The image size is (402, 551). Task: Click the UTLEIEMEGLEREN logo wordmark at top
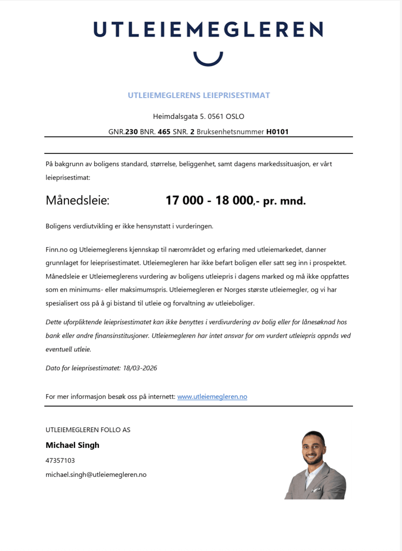tap(208, 29)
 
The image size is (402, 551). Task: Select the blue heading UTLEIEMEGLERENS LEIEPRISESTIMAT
tap(199, 96)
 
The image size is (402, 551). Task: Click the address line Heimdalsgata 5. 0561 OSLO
tap(198, 116)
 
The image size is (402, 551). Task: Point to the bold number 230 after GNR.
tap(131, 132)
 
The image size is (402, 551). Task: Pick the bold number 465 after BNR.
tap(164, 132)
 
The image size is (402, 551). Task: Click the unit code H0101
tap(277, 132)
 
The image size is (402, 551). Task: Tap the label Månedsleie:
tap(77, 200)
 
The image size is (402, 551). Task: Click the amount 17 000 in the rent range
tap(184, 200)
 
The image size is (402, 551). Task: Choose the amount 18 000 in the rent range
tap(234, 200)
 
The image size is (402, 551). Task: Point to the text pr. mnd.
tap(284, 201)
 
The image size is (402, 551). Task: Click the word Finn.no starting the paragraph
tap(57, 249)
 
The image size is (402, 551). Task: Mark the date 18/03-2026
tap(140, 368)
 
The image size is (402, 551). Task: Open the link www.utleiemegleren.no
tap(212, 397)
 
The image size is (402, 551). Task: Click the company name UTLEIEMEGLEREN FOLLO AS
tap(88, 430)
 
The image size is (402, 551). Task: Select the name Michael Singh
tap(73, 445)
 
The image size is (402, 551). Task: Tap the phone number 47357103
tap(60, 461)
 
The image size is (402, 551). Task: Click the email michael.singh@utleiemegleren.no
tap(96, 475)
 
